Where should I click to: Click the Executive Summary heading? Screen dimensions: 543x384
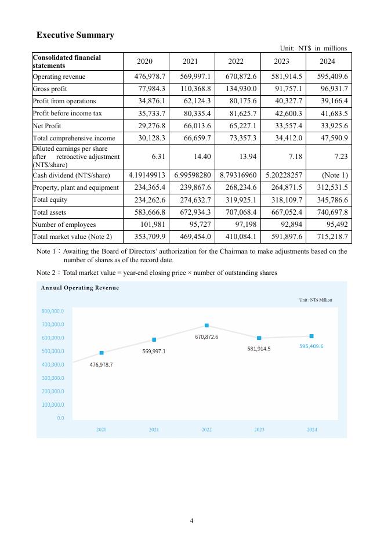point(75,35)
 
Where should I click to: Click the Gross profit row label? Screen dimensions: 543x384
point(50,89)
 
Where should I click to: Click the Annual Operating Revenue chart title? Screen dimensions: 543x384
point(79,288)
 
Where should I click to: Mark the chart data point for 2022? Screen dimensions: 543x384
point(207,325)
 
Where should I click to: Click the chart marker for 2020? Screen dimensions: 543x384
point(102,353)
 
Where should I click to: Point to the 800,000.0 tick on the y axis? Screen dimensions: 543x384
point(52,312)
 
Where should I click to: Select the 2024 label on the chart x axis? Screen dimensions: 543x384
point(311,429)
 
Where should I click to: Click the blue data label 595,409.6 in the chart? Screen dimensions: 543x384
point(311,346)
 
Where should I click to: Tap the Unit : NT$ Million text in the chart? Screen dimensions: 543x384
point(316,300)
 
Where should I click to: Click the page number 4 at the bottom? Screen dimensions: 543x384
point(192,520)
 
